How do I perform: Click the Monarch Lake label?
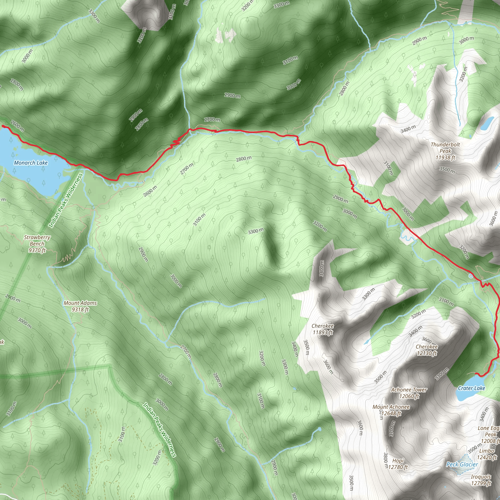(x=31, y=163)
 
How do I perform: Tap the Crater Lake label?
(x=471, y=388)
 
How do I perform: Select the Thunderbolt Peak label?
(x=445, y=151)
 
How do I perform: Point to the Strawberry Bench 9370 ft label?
(x=37, y=243)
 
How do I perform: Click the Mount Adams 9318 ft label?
(x=80, y=306)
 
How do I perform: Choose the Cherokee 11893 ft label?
(x=323, y=329)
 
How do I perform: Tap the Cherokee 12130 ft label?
(x=427, y=350)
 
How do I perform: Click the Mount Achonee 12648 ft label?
(x=391, y=410)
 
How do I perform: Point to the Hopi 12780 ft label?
(x=398, y=464)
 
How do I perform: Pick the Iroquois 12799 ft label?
(x=481, y=480)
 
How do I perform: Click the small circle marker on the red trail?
(x=471, y=276)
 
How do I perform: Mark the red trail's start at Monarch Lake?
(x=3, y=126)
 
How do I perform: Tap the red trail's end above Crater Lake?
(x=476, y=373)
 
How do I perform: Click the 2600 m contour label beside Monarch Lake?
(x=17, y=126)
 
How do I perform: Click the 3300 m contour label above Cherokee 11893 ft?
(x=368, y=294)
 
